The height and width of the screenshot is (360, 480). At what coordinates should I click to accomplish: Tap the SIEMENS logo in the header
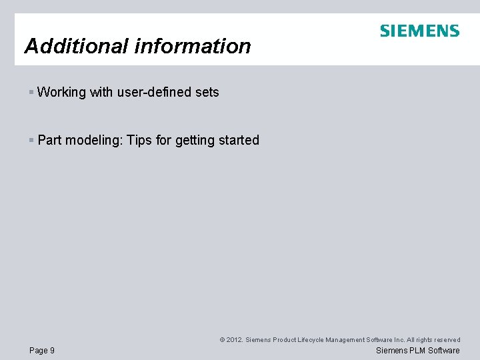419,31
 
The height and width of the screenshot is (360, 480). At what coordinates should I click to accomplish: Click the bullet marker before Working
31,92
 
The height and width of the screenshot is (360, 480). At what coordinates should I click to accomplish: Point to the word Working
61,92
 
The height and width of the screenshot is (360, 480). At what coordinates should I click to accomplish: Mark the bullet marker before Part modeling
31,140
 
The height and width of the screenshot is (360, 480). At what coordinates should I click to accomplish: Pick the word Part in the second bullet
49,140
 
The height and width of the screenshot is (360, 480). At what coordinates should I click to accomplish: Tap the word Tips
139,140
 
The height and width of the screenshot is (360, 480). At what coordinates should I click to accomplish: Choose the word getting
195,140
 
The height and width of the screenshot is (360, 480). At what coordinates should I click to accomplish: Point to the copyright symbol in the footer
222,340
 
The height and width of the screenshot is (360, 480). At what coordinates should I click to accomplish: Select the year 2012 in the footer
234,340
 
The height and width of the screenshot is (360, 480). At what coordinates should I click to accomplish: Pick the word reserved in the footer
446,340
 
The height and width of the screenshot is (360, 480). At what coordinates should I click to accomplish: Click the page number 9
52,351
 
